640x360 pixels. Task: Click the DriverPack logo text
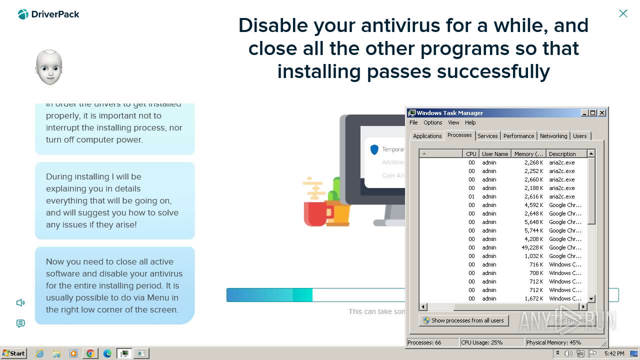tap(55, 14)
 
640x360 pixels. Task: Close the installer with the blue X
tap(623, 13)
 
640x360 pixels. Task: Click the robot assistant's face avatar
tap(49, 67)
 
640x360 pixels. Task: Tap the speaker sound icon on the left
tap(20, 302)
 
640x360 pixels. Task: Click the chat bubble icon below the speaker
tap(20, 323)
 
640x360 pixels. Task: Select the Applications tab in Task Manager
tap(427, 136)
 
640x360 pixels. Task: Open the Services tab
tap(487, 136)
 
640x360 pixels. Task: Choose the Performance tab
tap(518, 136)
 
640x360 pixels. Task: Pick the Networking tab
tap(553, 136)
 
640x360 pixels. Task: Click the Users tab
tap(580, 136)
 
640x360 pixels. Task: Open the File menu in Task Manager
tap(413, 122)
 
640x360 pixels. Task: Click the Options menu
tap(432, 122)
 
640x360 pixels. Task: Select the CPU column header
tap(471, 154)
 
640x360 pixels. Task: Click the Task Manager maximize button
tap(593, 113)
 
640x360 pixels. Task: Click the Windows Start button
tap(14, 353)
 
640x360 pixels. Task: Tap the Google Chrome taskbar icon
tap(90, 353)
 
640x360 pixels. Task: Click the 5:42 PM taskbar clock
tap(614, 353)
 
